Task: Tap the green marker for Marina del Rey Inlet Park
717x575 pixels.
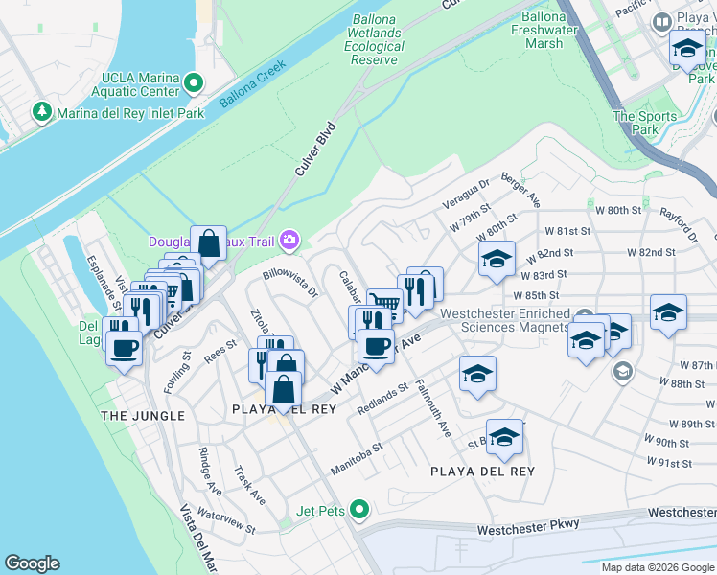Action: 41,113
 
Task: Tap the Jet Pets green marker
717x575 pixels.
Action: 359,510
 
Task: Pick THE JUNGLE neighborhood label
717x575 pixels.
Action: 143,416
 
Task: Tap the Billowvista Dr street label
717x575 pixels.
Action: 289,285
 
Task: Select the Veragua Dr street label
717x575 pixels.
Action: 466,194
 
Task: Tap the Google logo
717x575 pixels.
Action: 32,563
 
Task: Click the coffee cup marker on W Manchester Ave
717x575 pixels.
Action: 375,346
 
